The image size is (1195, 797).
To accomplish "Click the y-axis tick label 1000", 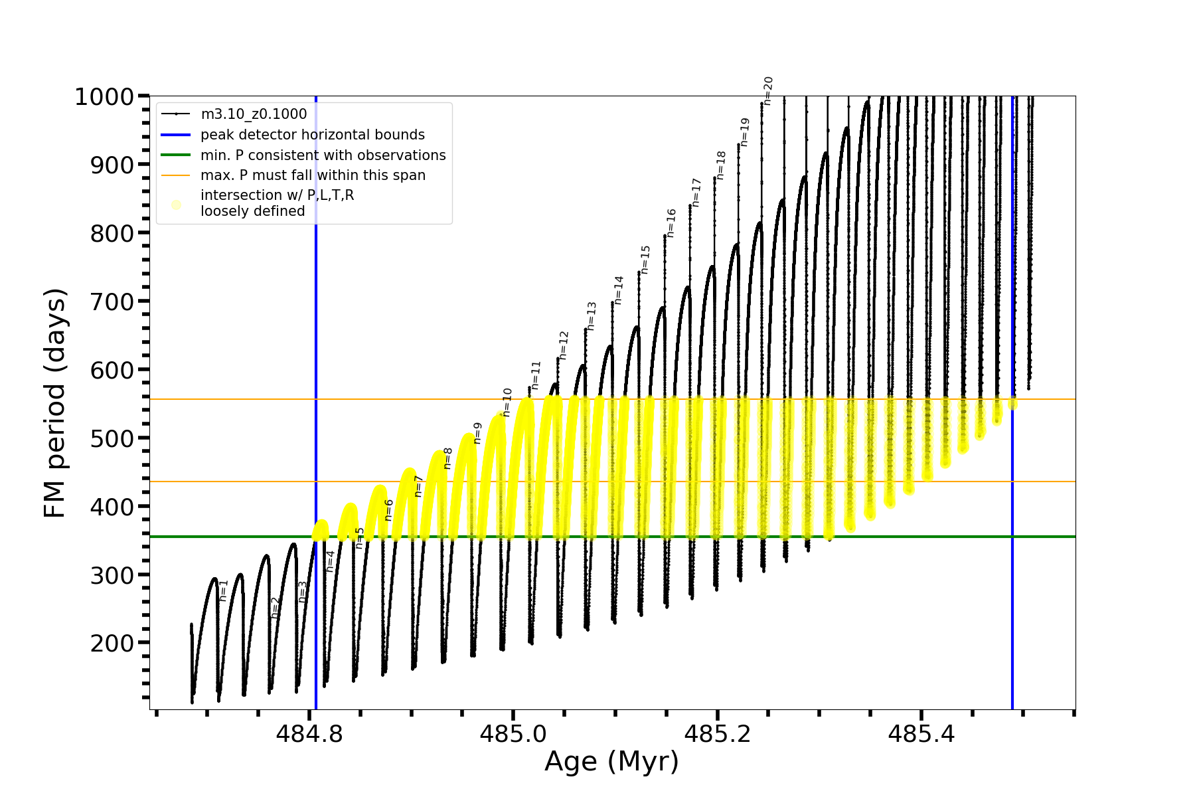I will coord(104,97).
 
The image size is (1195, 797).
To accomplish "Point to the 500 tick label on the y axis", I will coord(112,438).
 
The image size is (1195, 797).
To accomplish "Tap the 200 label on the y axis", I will coord(112,644).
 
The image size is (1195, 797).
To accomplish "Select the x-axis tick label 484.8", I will coord(309,734).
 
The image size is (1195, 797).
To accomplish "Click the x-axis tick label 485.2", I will coord(718,734).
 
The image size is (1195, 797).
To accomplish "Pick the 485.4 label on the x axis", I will coord(921,734).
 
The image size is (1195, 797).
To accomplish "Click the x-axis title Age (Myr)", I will coord(611,762).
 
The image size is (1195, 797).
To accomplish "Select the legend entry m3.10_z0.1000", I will coord(254,114).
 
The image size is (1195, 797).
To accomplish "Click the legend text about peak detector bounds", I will coord(313,135).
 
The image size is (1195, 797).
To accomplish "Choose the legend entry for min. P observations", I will coord(323,155).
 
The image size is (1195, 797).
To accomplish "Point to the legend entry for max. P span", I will coord(313,175).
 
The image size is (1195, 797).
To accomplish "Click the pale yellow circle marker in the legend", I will coord(176,205).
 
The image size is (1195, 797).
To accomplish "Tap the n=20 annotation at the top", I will coord(768,91).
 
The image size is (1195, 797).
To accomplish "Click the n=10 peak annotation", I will coord(507,402).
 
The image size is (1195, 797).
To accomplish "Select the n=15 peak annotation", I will coord(645,260).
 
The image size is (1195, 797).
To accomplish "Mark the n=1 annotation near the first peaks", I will coord(224,590).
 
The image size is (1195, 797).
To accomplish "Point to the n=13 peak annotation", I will coord(592,316).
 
